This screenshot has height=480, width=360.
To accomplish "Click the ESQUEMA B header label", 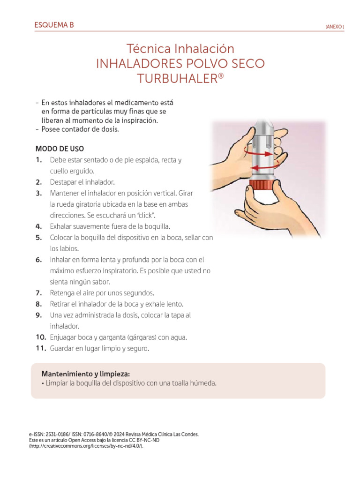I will pos(54,25).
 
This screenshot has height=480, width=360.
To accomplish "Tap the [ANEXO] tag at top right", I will pos(334,27).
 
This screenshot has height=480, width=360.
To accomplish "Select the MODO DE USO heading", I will pos(60,149).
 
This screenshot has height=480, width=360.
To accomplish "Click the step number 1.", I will pos(38,160).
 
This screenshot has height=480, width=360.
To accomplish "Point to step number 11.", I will pos(40,348).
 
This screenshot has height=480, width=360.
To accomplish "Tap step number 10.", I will pos(40,337).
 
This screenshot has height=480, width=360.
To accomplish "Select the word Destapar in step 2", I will pos(63,182).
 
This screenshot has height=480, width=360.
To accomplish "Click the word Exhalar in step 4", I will pos(62,226).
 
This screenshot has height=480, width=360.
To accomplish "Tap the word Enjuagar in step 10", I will pos(64,337).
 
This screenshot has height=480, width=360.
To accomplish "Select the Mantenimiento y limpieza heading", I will pos(85,374).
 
